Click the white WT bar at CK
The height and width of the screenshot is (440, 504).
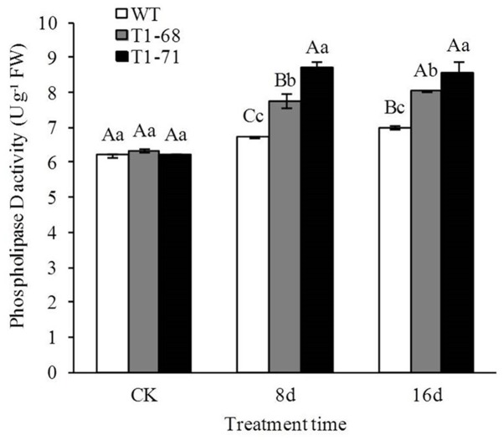(x=112, y=263)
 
